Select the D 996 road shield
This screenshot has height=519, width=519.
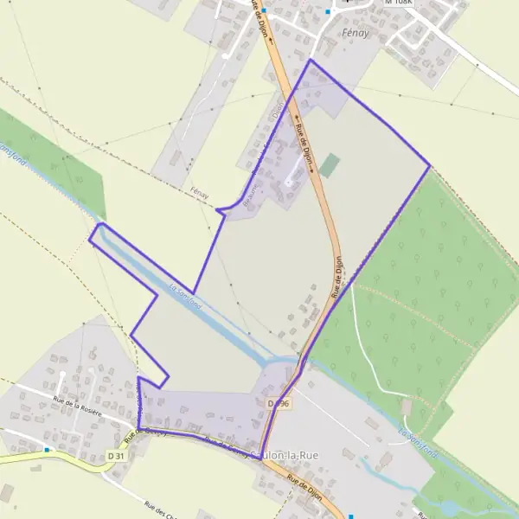pos(279,403)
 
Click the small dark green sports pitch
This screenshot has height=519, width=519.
pos(329,164)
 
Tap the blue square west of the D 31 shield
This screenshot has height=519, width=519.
pos(47,450)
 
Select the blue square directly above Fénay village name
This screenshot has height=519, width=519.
pos(328,12)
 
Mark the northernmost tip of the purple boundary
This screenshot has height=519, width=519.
pos(310,60)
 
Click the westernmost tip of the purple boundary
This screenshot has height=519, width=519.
pos(90,236)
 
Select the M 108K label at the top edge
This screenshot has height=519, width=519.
pos(400,3)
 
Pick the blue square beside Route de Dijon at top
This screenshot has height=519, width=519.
pos(264,11)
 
